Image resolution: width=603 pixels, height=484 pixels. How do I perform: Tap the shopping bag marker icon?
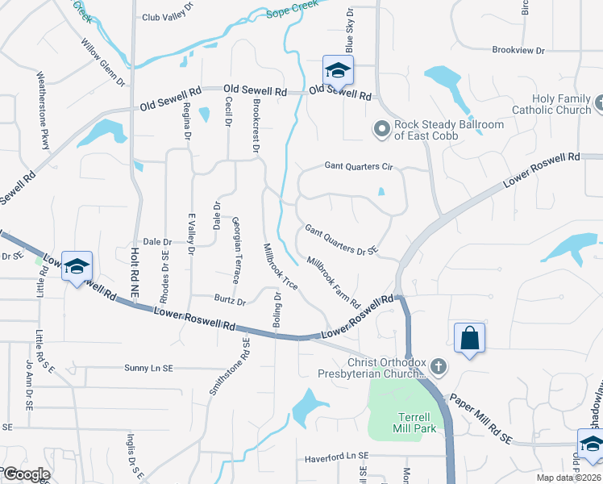(469, 339)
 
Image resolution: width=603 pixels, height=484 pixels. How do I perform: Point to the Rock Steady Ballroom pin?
(381, 129)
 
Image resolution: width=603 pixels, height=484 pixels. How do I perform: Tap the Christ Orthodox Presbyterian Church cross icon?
(439, 367)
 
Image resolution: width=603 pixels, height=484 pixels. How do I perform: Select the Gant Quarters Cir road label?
(358, 167)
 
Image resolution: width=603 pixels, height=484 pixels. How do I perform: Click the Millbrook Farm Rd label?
(333, 282)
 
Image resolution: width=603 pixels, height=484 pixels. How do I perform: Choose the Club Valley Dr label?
(168, 17)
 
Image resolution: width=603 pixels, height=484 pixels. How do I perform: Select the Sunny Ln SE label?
(148, 368)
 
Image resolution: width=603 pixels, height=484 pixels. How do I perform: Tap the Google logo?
(26, 474)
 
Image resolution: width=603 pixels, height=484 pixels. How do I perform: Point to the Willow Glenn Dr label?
(102, 61)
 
